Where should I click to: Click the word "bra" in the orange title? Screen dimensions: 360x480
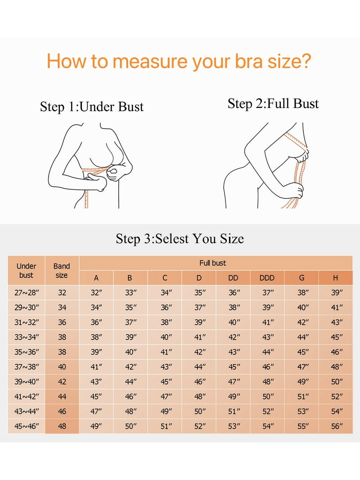pos(248,61)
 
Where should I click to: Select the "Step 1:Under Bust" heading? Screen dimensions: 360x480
pos(91,107)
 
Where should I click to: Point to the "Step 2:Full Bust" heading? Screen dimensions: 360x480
pos(273,103)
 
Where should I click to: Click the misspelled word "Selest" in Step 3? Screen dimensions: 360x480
pos(172,239)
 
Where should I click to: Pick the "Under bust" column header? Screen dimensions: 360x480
pos(27,271)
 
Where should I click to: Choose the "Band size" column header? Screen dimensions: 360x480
pos(62,271)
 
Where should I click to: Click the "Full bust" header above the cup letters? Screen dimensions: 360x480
pos(213,263)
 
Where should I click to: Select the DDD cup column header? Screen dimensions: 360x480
pos(267,278)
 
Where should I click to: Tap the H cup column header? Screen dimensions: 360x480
pos(336,278)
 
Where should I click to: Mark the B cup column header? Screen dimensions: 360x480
pos(130,278)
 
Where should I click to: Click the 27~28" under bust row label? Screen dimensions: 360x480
pos(27,293)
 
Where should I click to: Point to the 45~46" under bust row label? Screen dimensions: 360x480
pos(27,426)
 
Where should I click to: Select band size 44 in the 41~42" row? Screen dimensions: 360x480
pos(62,396)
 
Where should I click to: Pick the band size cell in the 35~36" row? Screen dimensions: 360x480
pos(62,352)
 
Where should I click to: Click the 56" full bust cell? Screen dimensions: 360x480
pos(337,426)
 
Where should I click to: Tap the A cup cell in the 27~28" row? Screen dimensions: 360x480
pos(96,293)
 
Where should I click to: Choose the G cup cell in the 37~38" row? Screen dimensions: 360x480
pos(303,367)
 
